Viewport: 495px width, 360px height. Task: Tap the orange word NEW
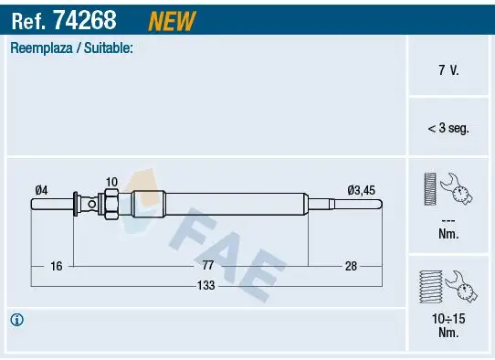[171, 18]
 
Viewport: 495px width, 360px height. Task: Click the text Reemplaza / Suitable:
[72, 48]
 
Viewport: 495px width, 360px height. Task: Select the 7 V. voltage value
[449, 70]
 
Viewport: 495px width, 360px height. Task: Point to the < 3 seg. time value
[448, 129]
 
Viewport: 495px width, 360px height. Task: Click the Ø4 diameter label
[41, 189]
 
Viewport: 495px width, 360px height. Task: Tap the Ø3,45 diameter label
[361, 189]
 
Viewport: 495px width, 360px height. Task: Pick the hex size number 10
[111, 182]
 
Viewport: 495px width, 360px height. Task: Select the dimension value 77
[207, 265]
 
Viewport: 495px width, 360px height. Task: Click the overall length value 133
[207, 286]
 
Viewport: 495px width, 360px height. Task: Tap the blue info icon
[16, 320]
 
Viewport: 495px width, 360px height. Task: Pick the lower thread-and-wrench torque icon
[448, 288]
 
